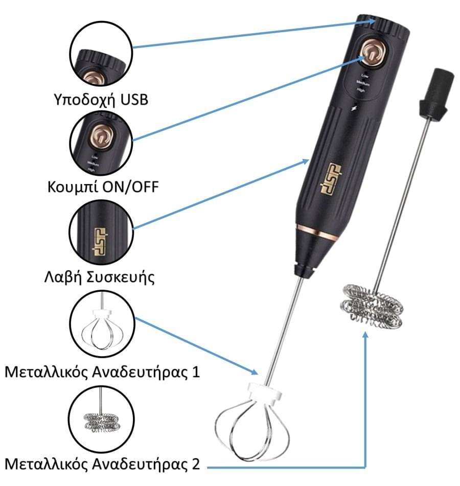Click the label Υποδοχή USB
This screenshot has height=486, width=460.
[101, 99]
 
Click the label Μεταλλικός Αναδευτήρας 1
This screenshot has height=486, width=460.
[101, 371]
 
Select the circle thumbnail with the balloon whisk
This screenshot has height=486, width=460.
[101, 325]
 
